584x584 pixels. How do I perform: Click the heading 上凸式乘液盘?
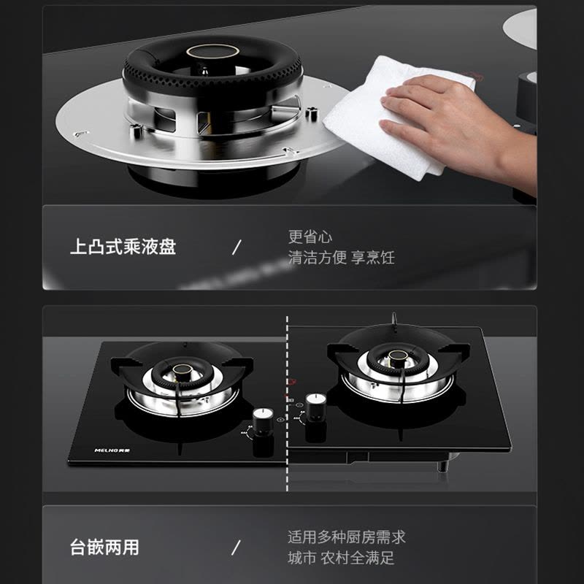click(x=123, y=247)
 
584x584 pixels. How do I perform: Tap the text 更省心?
click(x=310, y=237)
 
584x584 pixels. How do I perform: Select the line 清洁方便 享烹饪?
click(x=341, y=258)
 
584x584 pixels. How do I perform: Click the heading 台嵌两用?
click(x=104, y=547)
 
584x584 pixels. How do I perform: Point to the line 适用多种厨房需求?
click(x=346, y=537)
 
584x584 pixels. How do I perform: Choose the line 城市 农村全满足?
click(x=341, y=558)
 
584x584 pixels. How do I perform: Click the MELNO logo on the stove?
click(x=112, y=450)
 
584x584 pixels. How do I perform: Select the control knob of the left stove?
click(x=263, y=421)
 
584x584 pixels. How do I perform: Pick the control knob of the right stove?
click(x=316, y=407)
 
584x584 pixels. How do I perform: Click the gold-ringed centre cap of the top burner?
click(x=212, y=52)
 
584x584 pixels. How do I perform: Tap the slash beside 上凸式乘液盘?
click(x=237, y=247)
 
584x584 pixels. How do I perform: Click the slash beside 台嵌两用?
click(x=236, y=547)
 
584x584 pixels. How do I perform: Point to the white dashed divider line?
click(x=287, y=404)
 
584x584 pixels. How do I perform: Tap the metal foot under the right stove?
click(x=442, y=466)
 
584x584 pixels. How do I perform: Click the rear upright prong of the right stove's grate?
click(x=393, y=319)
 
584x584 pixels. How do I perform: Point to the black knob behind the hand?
click(x=526, y=97)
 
